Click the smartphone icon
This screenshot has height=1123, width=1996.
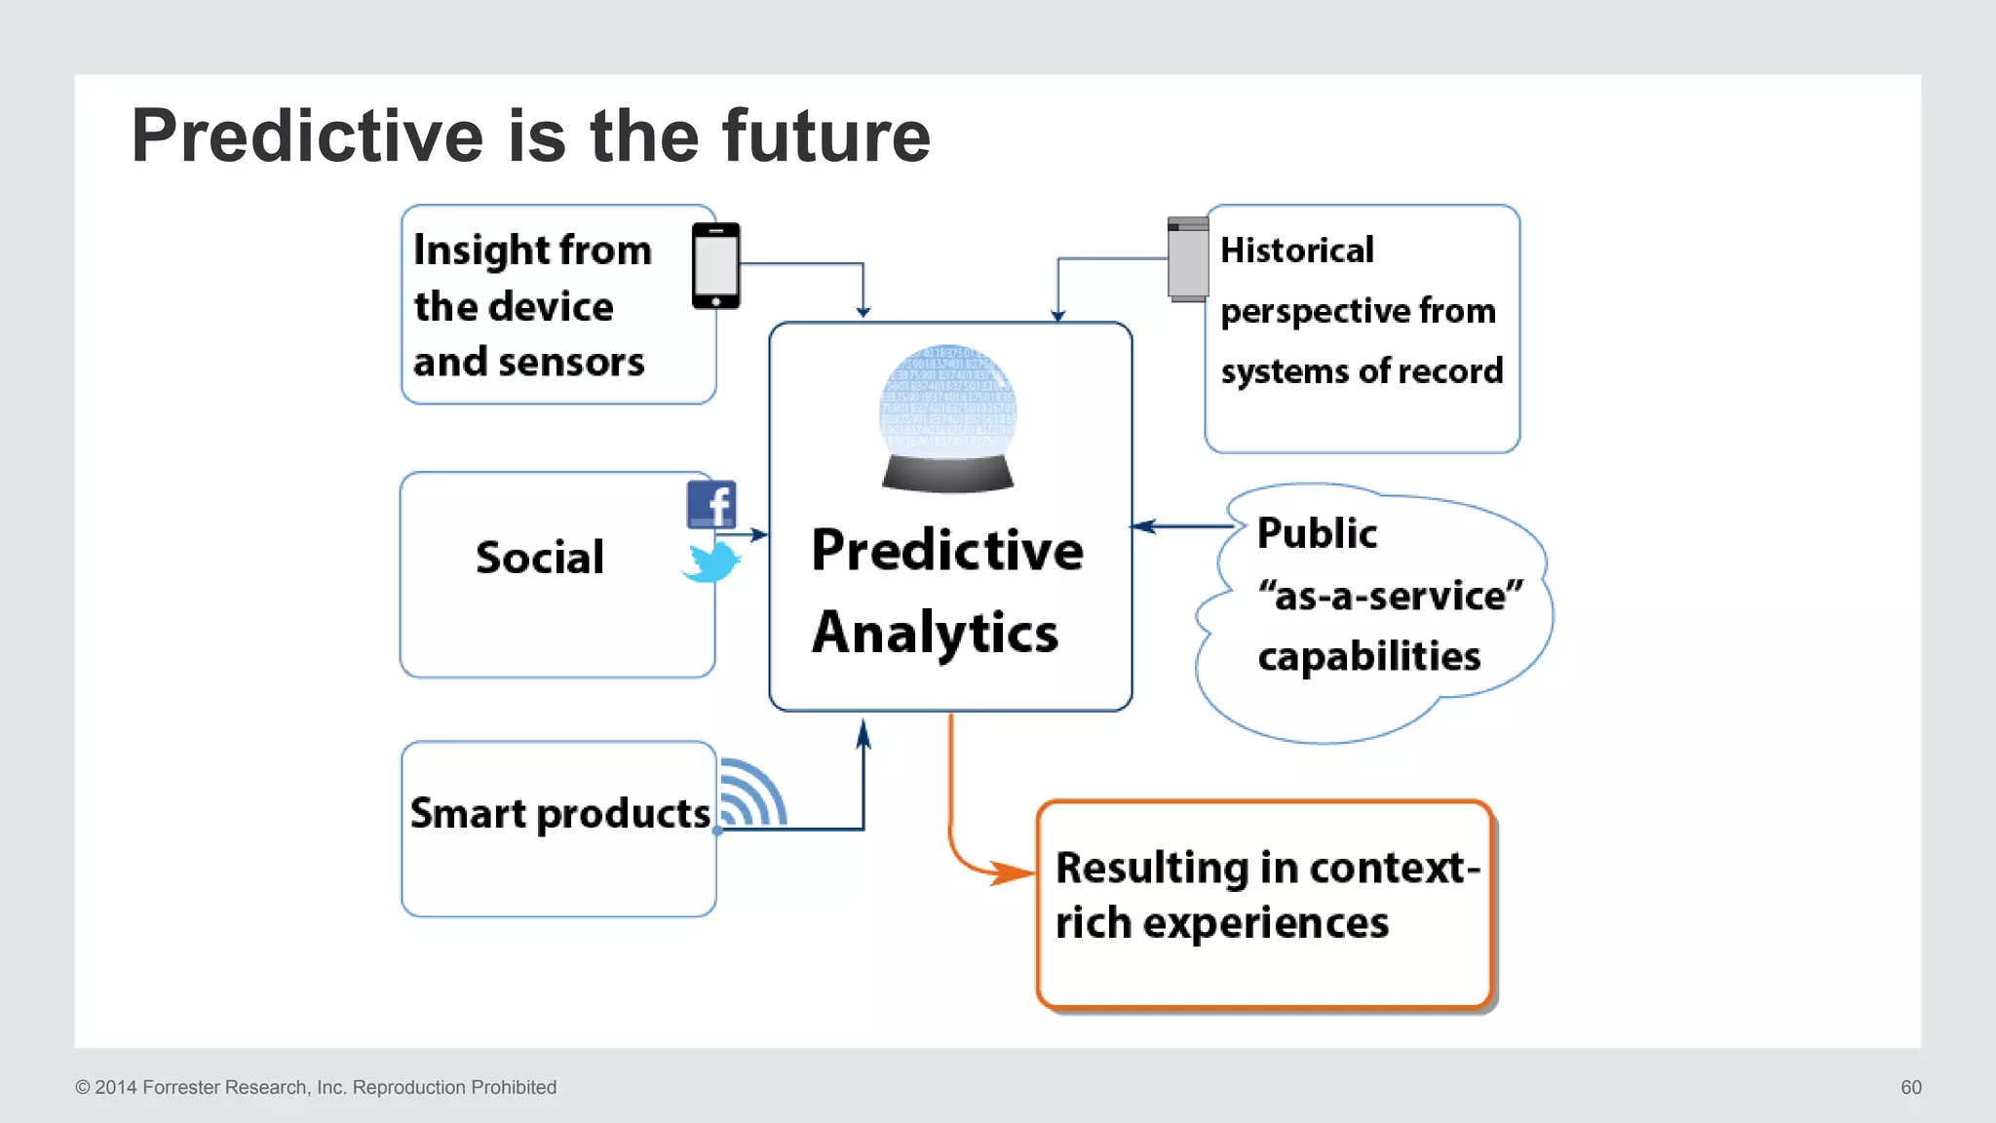(715, 265)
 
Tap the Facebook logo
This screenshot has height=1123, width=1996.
(711, 504)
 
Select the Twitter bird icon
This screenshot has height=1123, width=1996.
(711, 562)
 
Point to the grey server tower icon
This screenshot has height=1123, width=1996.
(1188, 259)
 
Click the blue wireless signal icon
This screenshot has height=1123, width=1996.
(752, 794)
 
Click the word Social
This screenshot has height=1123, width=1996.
(540, 558)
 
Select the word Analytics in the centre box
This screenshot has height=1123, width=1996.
(935, 633)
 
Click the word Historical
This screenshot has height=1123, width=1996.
(1296, 251)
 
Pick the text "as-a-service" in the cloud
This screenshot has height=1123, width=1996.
(1390, 596)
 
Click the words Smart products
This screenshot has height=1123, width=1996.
(559, 814)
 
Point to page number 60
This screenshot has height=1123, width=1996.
(1910, 1087)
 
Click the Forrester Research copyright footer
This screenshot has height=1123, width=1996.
(316, 1087)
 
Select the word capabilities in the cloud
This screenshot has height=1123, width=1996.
(1368, 656)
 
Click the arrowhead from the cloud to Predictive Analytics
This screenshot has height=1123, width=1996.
(1143, 526)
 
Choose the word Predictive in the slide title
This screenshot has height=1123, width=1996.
(307, 136)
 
